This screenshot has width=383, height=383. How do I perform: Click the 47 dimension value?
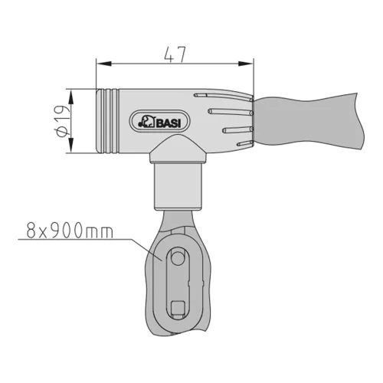click(175, 54)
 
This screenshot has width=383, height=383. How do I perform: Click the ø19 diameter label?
click(62, 121)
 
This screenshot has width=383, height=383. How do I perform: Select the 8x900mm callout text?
click(70, 230)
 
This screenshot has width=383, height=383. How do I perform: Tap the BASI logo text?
click(169, 123)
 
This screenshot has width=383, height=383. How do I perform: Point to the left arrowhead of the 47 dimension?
click(104, 64)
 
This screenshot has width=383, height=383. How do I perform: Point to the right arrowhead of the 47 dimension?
click(246, 64)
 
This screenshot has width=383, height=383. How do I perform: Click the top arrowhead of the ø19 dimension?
click(70, 97)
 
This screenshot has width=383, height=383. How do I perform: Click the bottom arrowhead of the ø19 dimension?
click(70, 146)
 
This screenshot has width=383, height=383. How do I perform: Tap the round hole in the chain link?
click(177, 258)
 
